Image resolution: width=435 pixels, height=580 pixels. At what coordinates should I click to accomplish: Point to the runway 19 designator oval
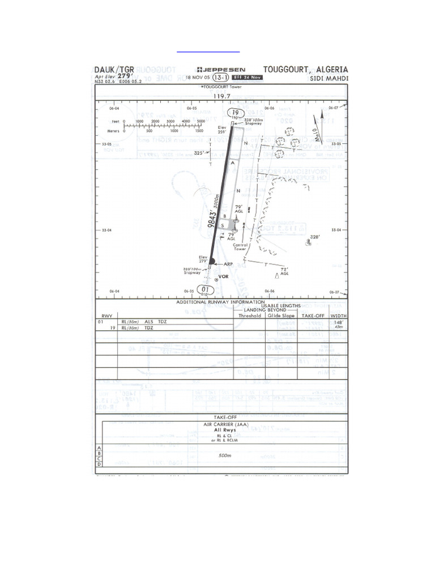233,112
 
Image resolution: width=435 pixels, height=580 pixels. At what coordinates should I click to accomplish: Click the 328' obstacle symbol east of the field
309,242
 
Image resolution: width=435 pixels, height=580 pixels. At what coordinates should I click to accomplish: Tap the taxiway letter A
232,161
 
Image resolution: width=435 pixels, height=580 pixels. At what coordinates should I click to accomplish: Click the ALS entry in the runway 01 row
150,322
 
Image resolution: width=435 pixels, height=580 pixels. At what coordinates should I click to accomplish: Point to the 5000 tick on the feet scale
201,121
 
